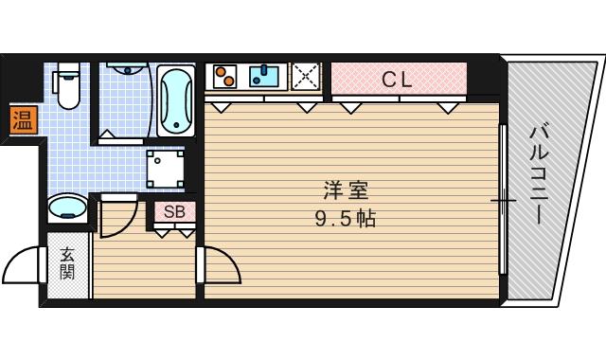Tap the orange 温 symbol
(x=21, y=120)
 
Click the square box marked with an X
(x=306, y=75)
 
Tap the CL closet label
(x=398, y=81)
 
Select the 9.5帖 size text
(x=345, y=220)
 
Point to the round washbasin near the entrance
(x=67, y=207)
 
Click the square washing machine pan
(x=167, y=170)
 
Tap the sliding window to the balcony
(x=503, y=199)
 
